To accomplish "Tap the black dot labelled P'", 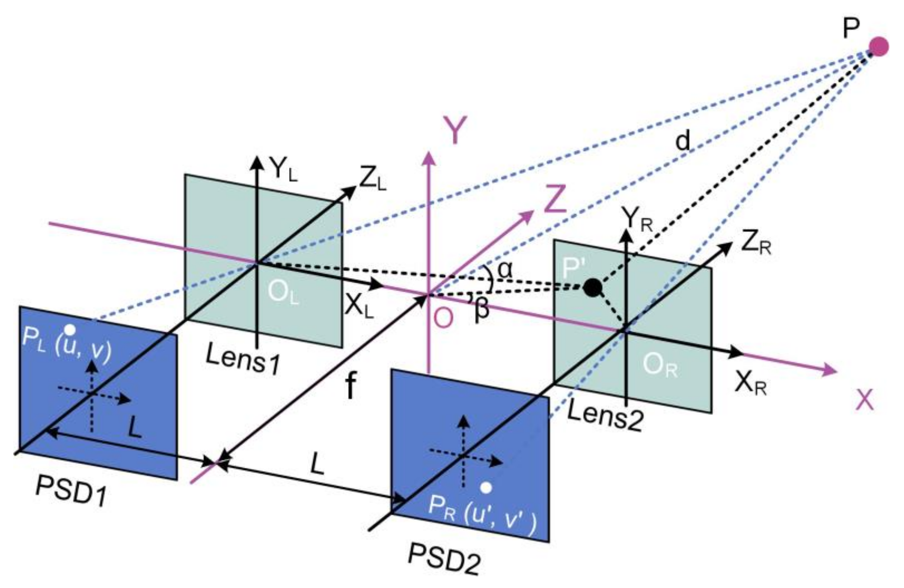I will pos(592,288).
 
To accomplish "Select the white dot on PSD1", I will pos(69,329).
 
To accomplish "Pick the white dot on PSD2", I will pos(486,487).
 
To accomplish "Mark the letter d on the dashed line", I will pos(682,142).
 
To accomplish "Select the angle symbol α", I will pos(505,270).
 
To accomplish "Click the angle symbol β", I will pos(481,310).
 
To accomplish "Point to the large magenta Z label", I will pos(555,199).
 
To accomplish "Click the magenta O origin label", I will pos(443,317).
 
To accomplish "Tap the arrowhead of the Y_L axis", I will pos(258,161).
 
